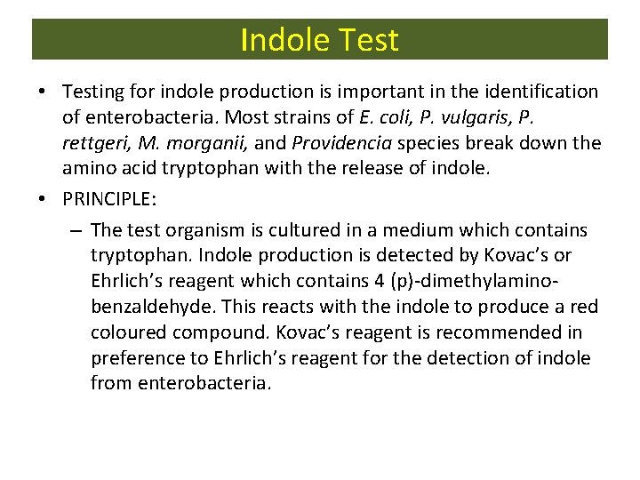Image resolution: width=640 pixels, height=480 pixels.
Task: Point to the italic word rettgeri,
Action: pos(97,143)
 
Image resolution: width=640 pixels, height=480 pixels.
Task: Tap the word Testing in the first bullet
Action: pos(94,92)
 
